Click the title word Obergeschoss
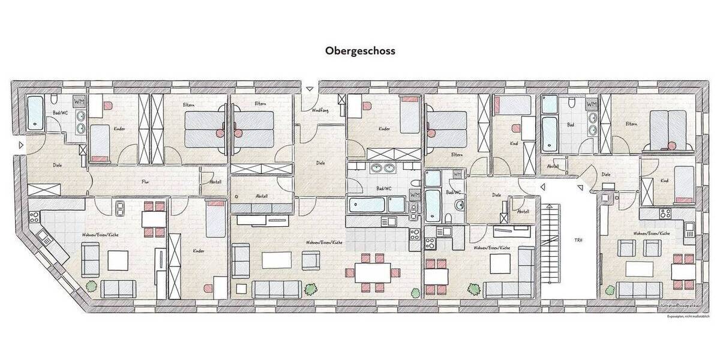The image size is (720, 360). click(360, 51)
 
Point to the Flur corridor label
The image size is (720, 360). click(145, 182)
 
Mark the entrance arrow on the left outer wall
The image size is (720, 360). click(20, 145)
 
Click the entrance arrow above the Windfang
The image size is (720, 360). click(309, 89)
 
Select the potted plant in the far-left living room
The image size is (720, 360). click(91, 286)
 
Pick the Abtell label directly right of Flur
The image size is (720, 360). click(215, 182)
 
